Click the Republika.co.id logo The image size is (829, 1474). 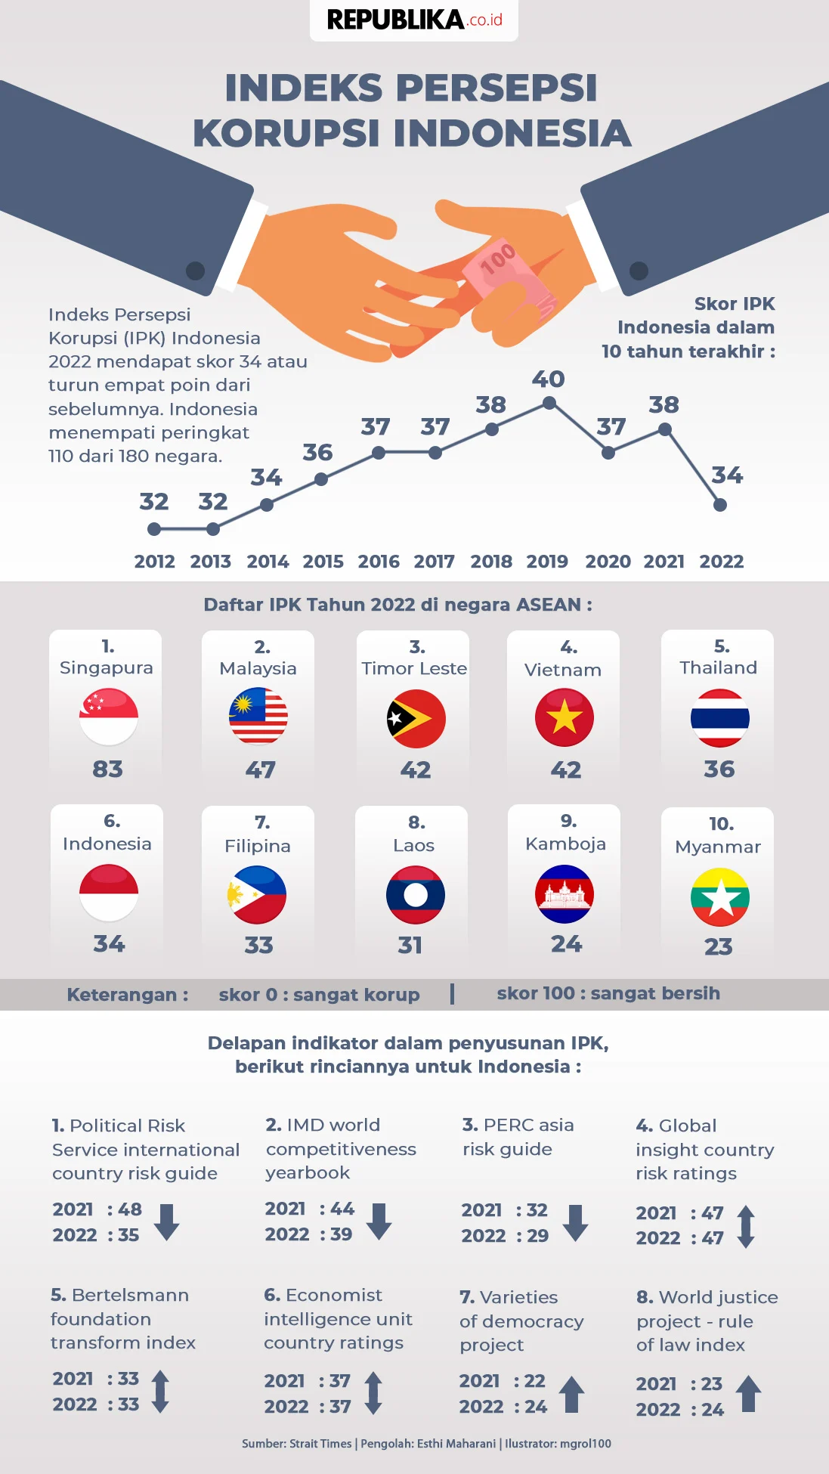(x=414, y=20)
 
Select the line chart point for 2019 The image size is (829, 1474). (x=549, y=404)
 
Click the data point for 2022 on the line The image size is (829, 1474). (x=720, y=505)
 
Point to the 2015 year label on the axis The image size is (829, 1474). (x=323, y=562)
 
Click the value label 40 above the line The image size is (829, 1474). (x=549, y=379)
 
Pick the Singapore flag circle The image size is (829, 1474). (x=109, y=717)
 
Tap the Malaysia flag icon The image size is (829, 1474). (x=258, y=716)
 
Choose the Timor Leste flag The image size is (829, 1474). (x=416, y=718)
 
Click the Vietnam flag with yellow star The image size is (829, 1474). (x=565, y=717)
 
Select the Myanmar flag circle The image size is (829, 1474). (x=719, y=897)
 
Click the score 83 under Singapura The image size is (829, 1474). (x=107, y=770)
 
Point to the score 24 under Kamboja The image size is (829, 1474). (x=566, y=944)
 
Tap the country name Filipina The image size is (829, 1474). (x=258, y=846)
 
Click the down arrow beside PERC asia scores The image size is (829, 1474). (x=576, y=1222)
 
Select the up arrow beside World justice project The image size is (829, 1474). (x=748, y=1394)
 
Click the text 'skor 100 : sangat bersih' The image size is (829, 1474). (x=608, y=993)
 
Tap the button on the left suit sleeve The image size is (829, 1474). (x=196, y=270)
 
